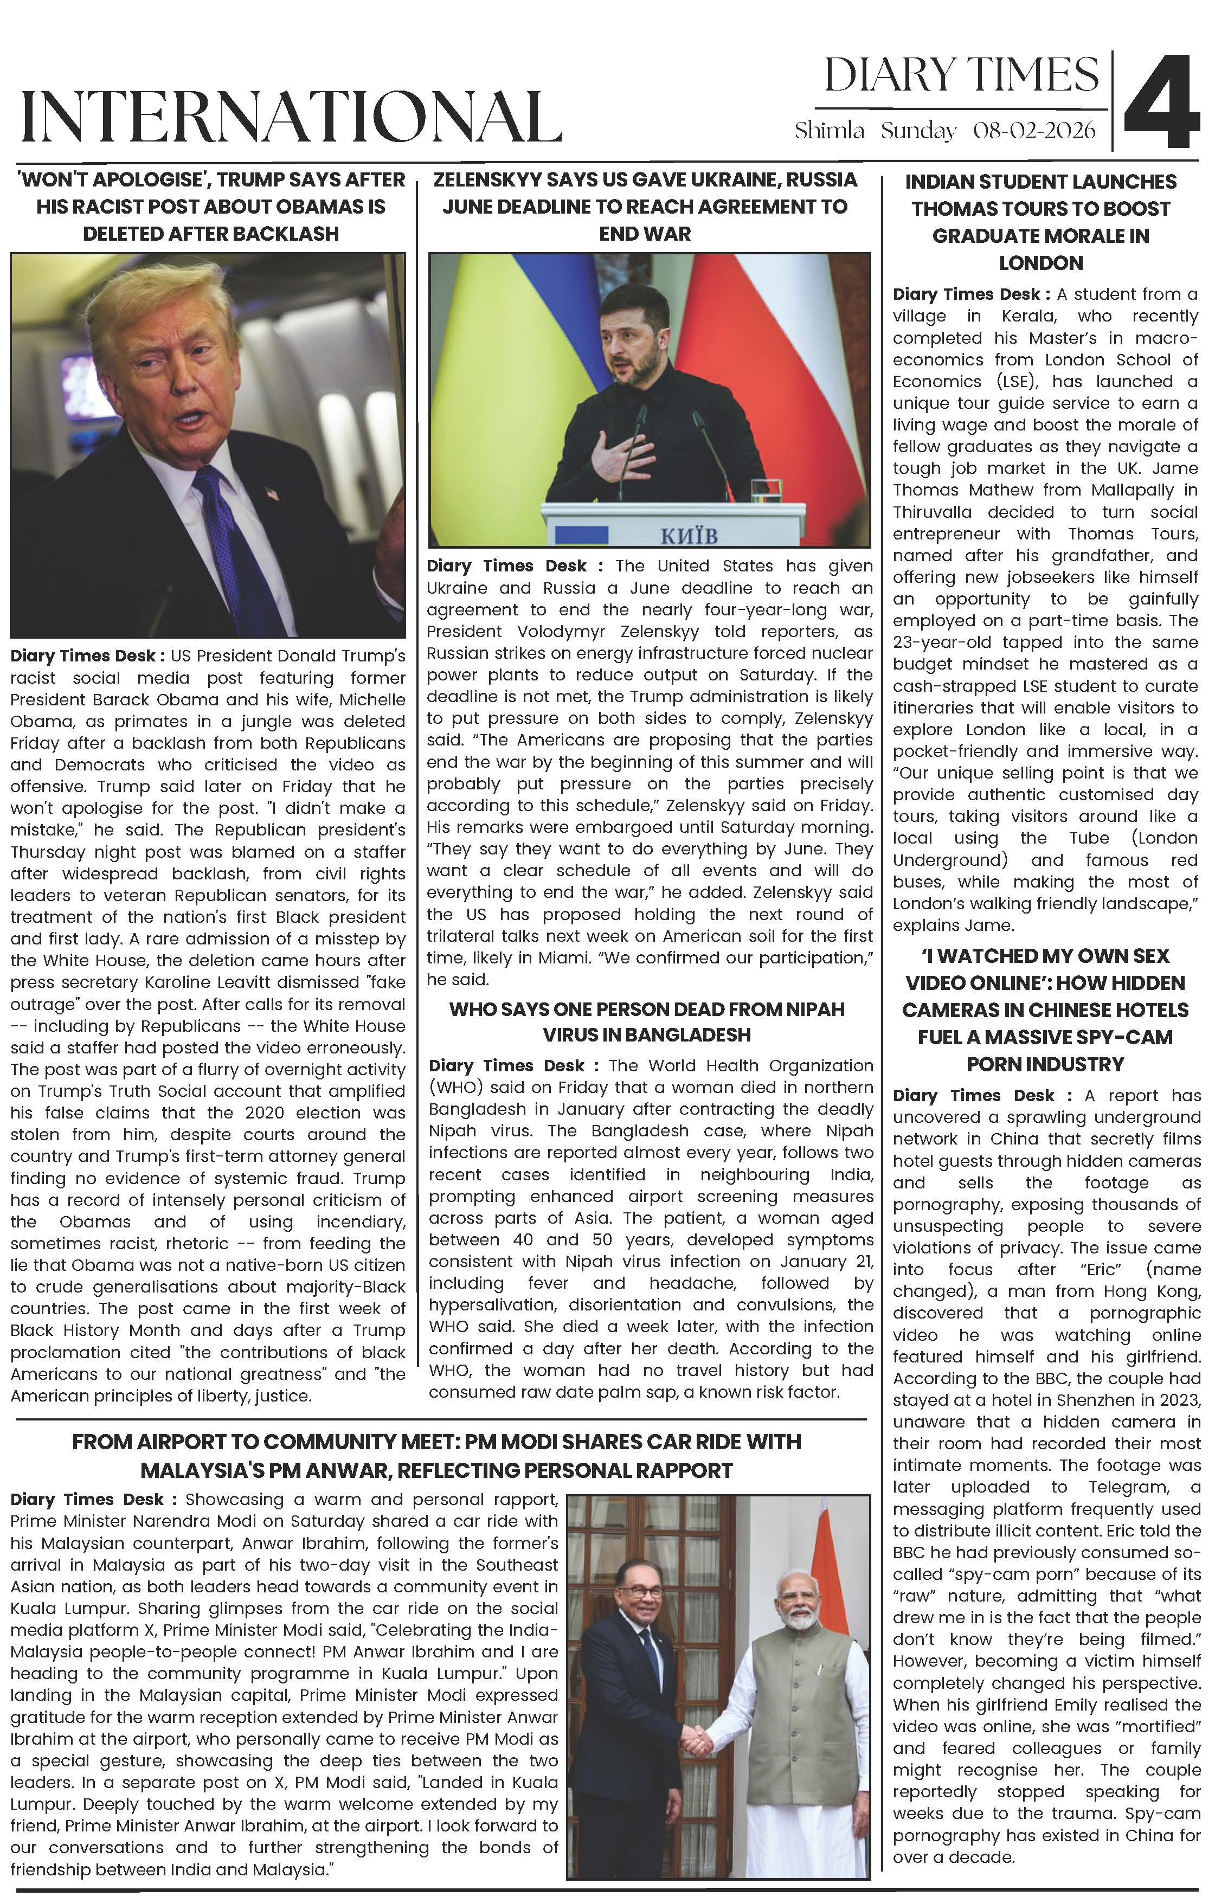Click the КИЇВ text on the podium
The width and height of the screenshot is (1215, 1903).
(689, 536)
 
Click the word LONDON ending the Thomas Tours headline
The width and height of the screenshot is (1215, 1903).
(1040, 263)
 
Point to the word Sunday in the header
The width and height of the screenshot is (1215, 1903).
(918, 131)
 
